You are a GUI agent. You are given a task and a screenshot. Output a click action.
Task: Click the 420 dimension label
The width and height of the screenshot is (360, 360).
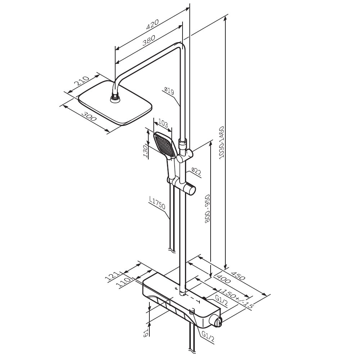pyautogui.click(x=152, y=24)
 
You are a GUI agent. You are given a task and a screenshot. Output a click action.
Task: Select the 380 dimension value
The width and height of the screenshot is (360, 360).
pyautogui.click(x=149, y=40)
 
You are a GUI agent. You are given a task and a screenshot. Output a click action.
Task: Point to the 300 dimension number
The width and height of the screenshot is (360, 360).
pyautogui.click(x=89, y=116)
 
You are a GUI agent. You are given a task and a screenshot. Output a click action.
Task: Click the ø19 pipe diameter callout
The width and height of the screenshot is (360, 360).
pyautogui.click(x=170, y=91)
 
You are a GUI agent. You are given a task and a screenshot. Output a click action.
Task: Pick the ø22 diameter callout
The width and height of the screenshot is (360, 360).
pyautogui.click(x=196, y=172)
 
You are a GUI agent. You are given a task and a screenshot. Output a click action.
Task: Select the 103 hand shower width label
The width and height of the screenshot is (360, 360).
pyautogui.click(x=163, y=124)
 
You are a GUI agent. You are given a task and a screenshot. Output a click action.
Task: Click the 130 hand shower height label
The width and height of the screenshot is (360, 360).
pyautogui.click(x=145, y=151)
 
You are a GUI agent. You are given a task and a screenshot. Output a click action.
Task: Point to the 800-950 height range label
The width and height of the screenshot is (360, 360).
pyautogui.click(x=207, y=208)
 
